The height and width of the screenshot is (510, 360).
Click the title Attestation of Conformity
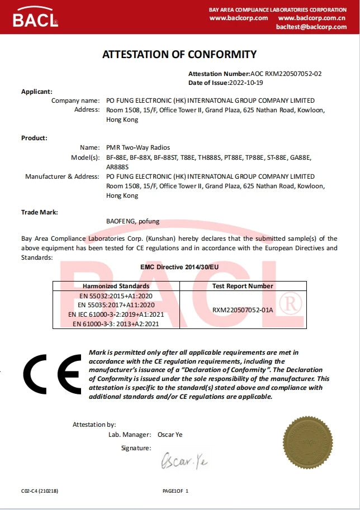179,54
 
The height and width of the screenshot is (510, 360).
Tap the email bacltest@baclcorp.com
311,27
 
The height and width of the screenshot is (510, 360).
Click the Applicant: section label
37,91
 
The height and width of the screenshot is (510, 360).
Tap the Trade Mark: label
40,212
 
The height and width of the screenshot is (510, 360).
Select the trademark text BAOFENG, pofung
132,221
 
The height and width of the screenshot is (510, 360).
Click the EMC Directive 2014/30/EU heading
179,267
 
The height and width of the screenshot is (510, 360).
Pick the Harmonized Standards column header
116,286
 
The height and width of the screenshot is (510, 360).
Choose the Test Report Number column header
243,286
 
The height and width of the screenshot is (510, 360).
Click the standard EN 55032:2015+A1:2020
116,297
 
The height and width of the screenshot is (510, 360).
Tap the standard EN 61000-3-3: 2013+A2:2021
116,323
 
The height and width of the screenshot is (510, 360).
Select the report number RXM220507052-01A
243,310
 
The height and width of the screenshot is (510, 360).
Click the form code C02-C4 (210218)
40,491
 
